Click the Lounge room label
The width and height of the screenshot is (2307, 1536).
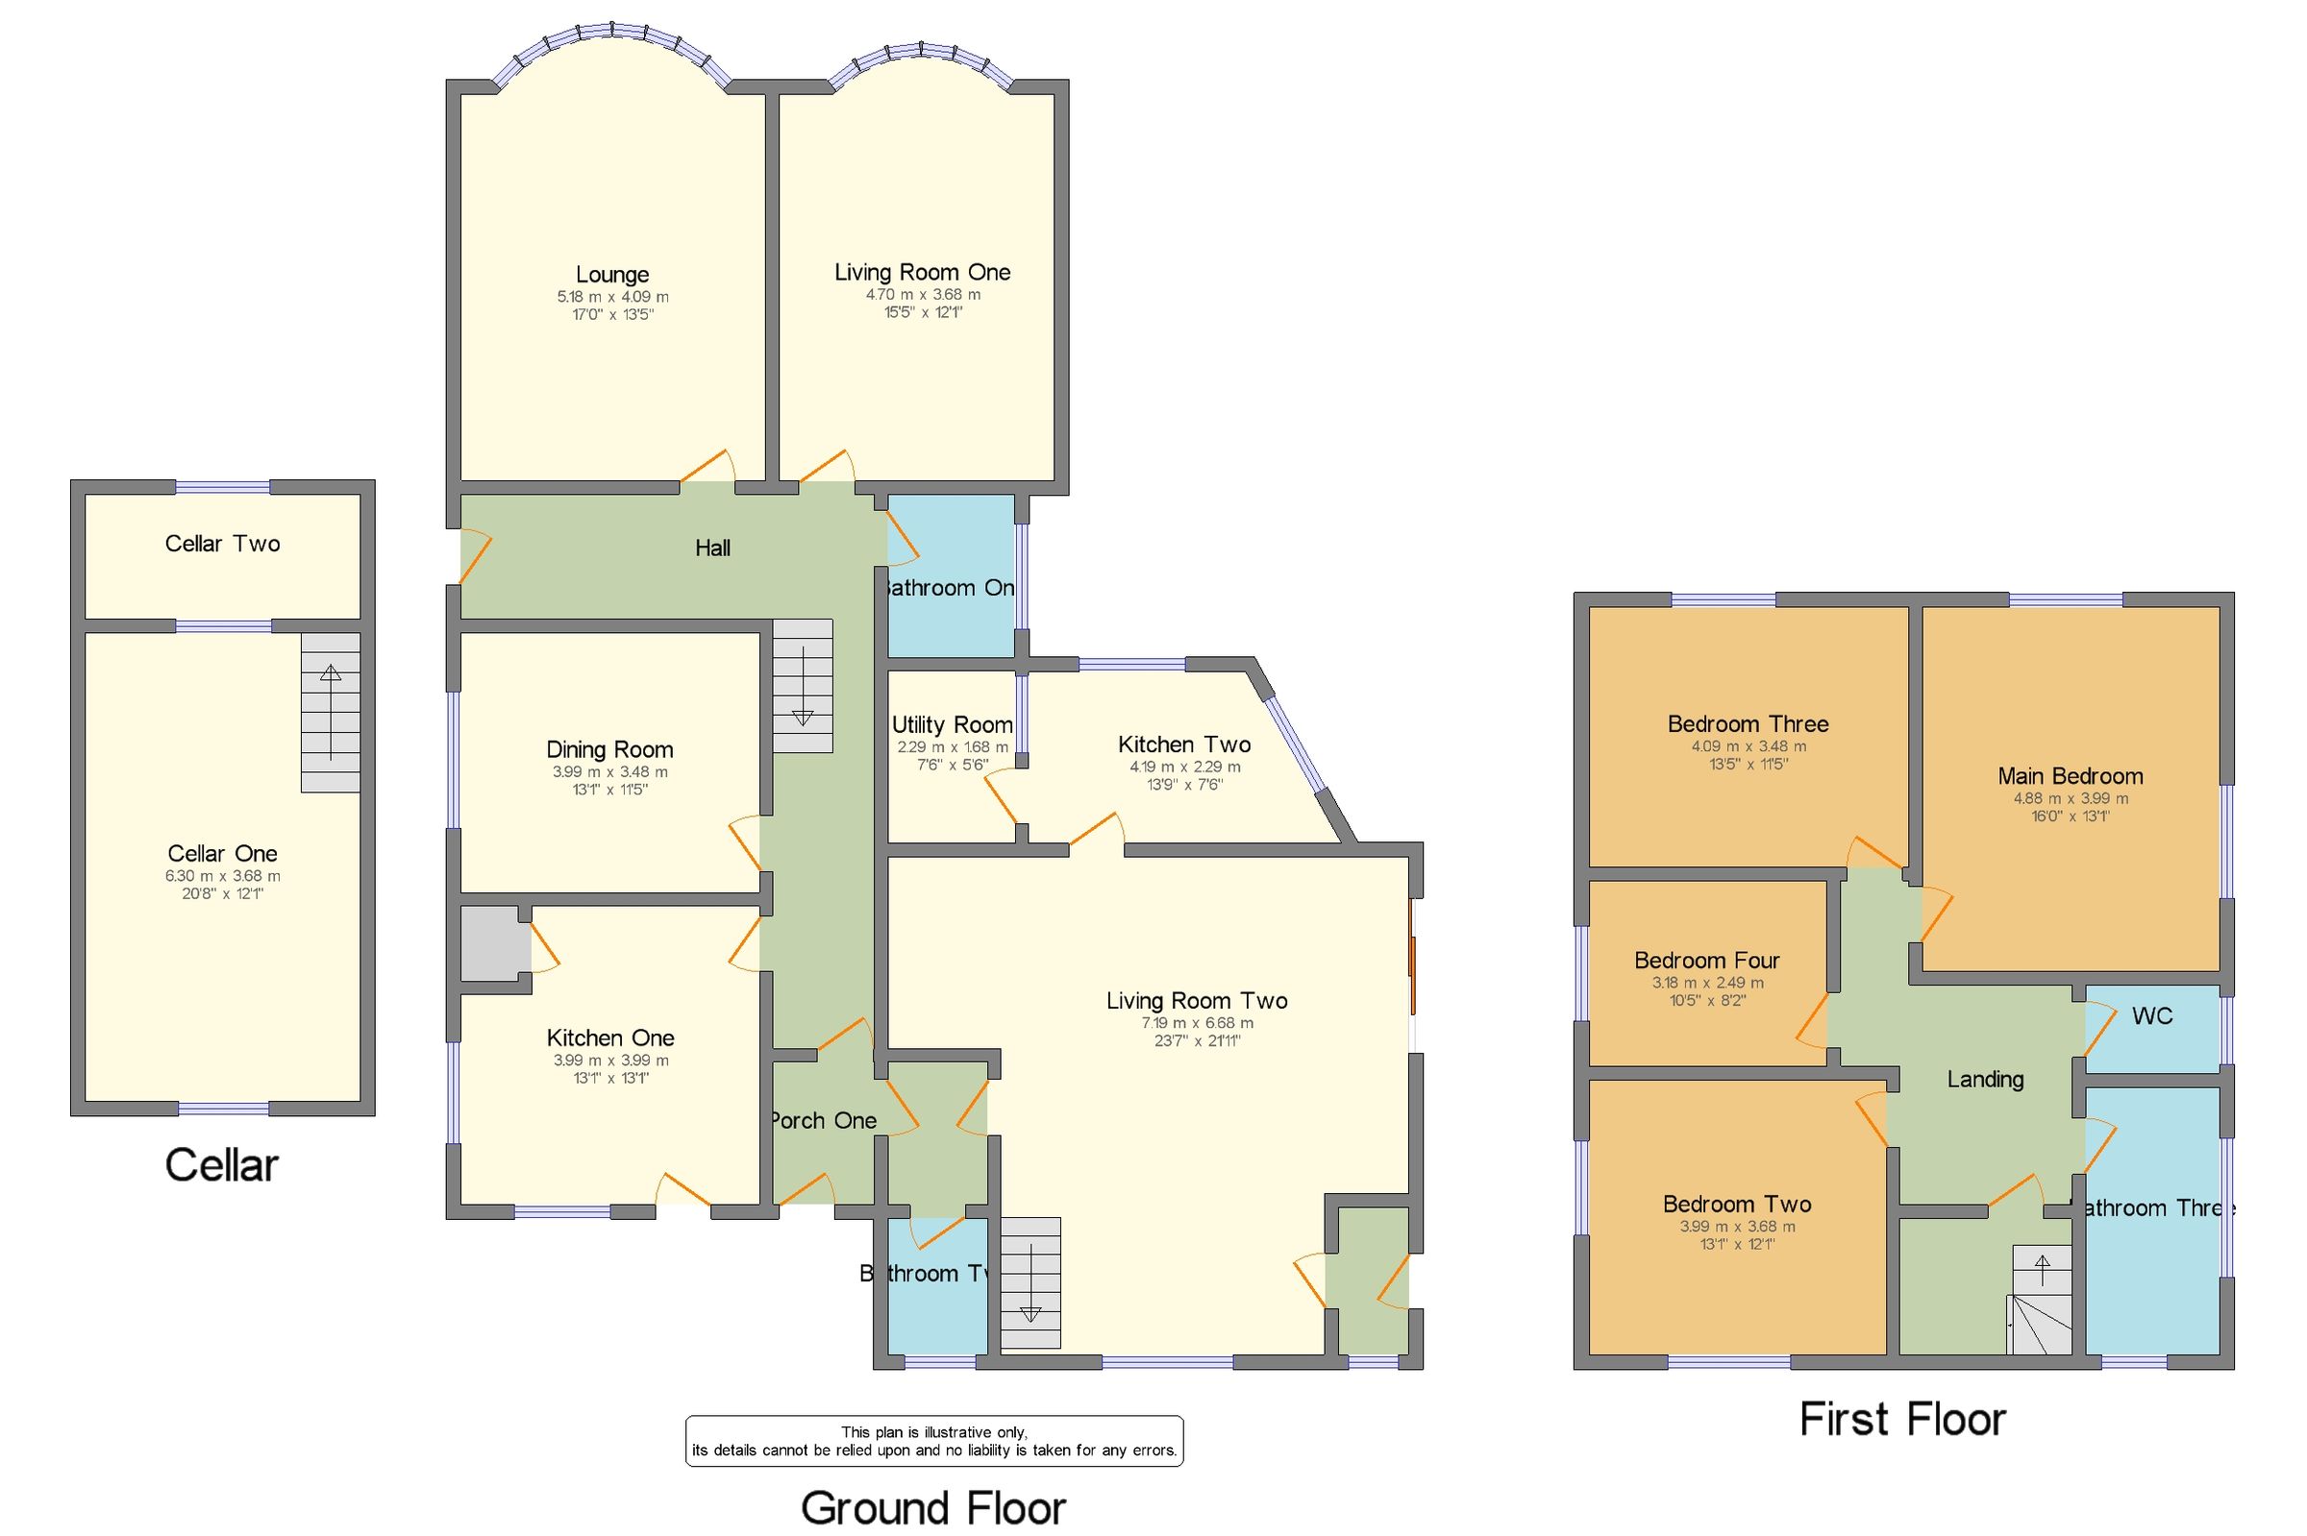click(611, 275)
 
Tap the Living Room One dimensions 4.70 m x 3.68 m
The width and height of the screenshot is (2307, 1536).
click(922, 294)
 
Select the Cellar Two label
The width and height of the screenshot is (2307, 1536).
click(222, 544)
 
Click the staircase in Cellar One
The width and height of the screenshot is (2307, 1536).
click(331, 712)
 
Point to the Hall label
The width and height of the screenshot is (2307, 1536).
click(712, 549)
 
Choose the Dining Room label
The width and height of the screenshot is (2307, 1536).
click(609, 749)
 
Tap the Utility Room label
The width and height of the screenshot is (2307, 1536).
click(952, 725)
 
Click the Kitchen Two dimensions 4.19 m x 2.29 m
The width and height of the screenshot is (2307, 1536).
click(1184, 767)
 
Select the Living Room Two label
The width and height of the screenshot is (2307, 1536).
click(1197, 1000)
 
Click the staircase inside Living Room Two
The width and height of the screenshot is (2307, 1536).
click(1030, 1282)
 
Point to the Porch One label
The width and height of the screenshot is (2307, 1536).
click(822, 1121)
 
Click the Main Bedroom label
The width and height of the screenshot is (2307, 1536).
click(2070, 776)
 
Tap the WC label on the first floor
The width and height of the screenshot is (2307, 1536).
click(2152, 1016)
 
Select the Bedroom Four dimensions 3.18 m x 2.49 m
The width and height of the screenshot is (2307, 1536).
click(1707, 983)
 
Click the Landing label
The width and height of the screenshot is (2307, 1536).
click(1985, 1080)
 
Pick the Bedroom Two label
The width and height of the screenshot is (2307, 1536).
click(1737, 1204)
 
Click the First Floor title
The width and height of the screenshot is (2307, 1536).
click(1902, 1420)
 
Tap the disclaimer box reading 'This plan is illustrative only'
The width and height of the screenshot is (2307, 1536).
click(933, 1441)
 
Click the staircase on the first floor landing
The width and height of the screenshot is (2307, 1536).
click(2042, 1299)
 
